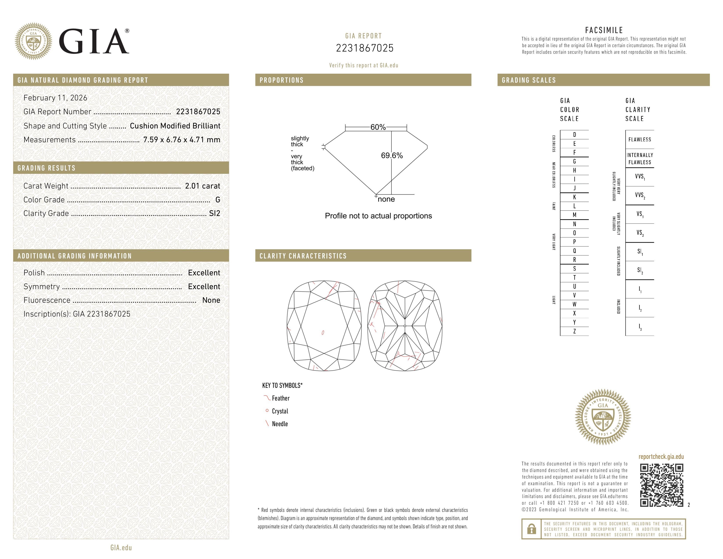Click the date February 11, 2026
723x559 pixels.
click(55, 98)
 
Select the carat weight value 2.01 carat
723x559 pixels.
click(202, 186)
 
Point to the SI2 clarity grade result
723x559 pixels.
click(214, 213)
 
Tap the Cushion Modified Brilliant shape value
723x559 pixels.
click(175, 126)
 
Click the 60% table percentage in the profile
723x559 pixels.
click(378, 127)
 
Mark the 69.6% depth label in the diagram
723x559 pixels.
click(392, 156)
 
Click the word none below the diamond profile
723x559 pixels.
click(386, 199)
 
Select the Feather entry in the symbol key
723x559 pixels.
click(280, 398)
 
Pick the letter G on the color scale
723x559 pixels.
click(574, 162)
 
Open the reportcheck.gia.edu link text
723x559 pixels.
click(661, 457)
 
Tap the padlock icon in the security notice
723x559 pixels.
click(531, 529)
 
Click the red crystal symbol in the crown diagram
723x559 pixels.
click(323, 333)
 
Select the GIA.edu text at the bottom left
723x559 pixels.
click(121, 548)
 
